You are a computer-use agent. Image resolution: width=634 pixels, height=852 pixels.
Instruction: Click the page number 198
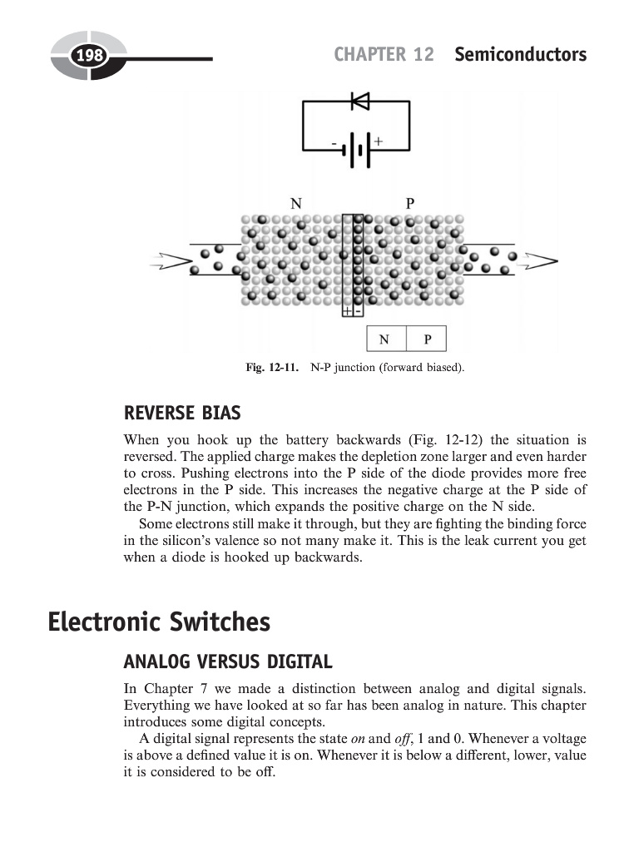click(88, 57)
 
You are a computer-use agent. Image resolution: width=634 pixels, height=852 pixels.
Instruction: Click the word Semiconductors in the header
click(520, 55)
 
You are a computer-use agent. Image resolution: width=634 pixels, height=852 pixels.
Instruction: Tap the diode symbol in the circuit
click(360, 102)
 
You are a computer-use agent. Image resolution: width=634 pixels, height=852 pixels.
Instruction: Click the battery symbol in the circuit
click(356, 151)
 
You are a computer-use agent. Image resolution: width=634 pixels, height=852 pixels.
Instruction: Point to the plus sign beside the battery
click(378, 142)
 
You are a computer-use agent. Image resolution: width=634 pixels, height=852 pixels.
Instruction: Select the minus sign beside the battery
click(334, 144)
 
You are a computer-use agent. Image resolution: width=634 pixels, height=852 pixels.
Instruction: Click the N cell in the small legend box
click(384, 339)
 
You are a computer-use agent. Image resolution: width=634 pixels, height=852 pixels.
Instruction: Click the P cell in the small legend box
click(427, 339)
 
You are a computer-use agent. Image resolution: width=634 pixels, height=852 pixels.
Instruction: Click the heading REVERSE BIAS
click(181, 414)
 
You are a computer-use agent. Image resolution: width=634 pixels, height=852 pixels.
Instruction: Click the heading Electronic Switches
click(159, 622)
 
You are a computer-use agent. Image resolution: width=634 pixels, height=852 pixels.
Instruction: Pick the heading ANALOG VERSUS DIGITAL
click(227, 662)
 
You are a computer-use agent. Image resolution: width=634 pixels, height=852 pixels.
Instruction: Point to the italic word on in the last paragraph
click(359, 739)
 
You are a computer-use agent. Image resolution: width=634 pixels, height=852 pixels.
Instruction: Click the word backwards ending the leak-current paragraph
click(331, 557)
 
